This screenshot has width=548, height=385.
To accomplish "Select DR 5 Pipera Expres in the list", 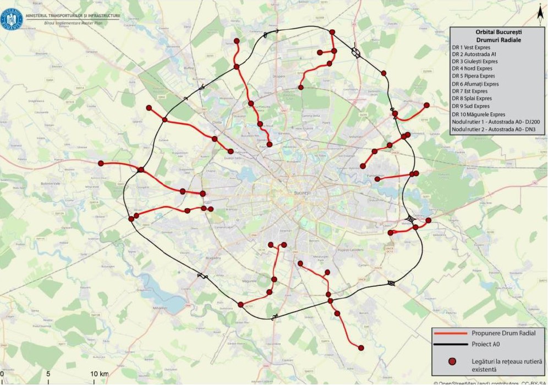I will click(473, 76).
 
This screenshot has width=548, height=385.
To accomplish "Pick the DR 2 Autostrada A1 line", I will click(474, 55).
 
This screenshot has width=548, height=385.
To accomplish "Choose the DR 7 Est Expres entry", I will click(469, 91).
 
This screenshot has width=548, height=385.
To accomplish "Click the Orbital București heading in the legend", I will click(497, 32).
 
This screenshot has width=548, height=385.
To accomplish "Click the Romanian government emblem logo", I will click(12, 19).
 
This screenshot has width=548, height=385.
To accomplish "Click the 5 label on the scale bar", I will click(48, 375).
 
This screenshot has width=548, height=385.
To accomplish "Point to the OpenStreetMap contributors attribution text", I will click(490, 382).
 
